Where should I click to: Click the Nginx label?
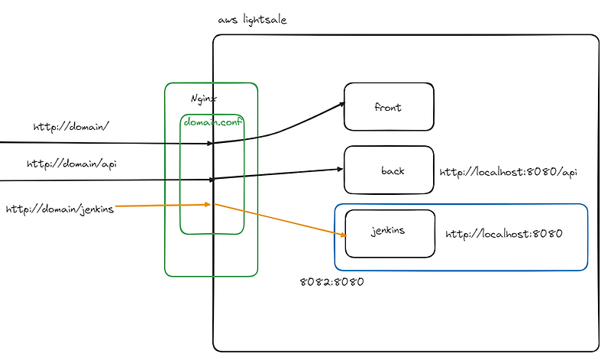coord(203,99)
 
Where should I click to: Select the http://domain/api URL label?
coord(72,164)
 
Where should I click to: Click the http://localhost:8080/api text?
coord(508,172)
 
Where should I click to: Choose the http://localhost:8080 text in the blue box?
coord(503,234)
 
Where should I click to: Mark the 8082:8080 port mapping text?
coord(331,281)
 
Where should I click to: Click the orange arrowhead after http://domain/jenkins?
coord(207,204)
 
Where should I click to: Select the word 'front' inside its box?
coord(388,108)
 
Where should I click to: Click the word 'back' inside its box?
coord(393,170)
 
